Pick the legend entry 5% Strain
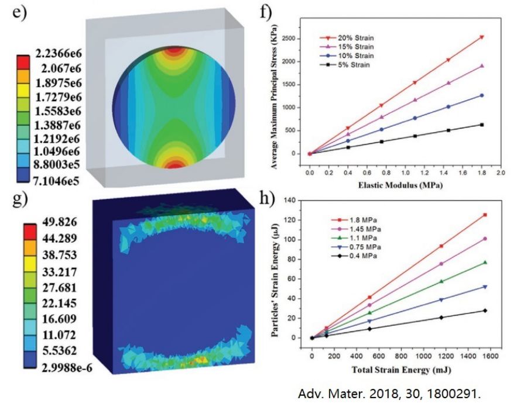coord(355,65)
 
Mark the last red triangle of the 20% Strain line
coord(481,37)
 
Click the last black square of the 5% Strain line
coord(481,125)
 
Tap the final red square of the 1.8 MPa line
coord(485,215)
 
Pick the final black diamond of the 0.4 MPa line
coord(485,310)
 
